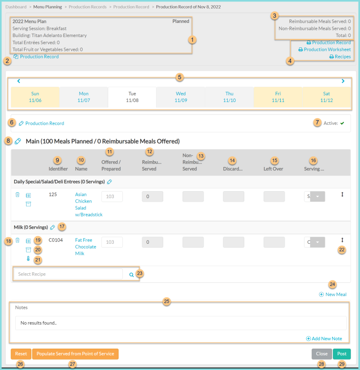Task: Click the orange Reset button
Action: tap(21, 354)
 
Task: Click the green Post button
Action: tap(342, 354)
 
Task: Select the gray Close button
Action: tap(322, 354)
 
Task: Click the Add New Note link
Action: tap(324, 339)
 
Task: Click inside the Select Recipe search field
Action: tap(69, 274)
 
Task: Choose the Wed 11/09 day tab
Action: tap(180, 97)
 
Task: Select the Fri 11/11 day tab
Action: tap(277, 97)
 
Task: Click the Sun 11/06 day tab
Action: tap(36, 97)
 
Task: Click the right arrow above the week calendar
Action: tap(343, 81)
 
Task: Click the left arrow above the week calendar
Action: tap(18, 81)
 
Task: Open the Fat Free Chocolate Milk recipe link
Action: tap(85, 247)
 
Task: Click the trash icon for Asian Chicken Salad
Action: tap(18, 194)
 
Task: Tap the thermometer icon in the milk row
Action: tap(28, 259)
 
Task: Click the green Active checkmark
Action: tap(342, 123)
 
